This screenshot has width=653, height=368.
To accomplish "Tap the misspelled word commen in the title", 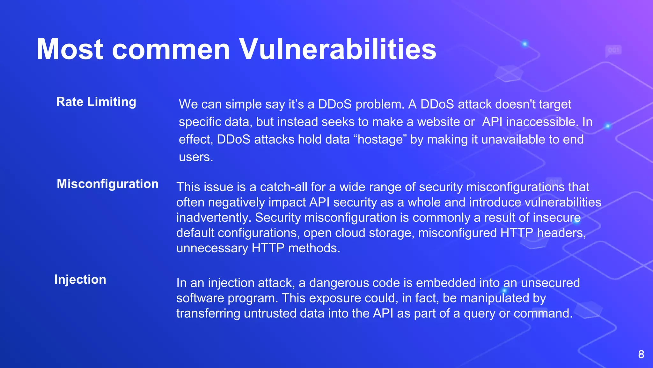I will coord(171,50).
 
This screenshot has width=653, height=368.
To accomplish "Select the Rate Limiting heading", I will coord(96,102).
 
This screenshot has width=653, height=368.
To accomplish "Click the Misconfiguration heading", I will coord(107,184).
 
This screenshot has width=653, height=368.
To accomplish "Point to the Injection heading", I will coord(80,280).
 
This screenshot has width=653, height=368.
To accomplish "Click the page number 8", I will coord(641,354).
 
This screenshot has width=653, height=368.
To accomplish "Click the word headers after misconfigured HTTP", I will coord(561,233).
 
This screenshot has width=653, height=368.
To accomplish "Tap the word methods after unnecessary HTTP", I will coord(314,248).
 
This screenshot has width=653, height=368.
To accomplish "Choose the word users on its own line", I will coord(195,157).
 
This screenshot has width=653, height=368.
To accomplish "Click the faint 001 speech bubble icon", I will coord(613,50).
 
